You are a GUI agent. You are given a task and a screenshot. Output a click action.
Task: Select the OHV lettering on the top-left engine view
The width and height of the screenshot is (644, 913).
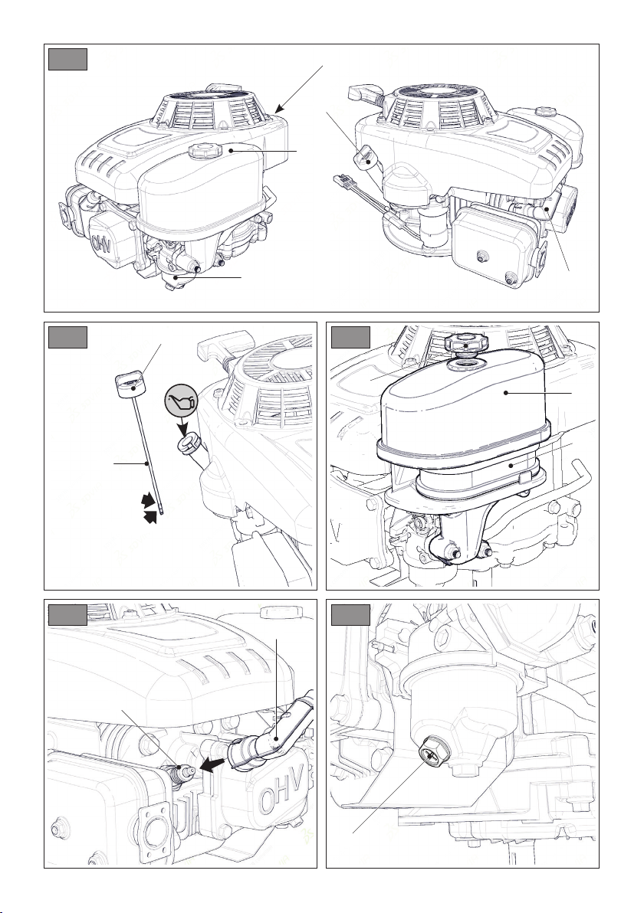click(101, 243)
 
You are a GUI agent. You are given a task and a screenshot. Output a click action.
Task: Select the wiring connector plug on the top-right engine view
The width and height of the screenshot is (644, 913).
click(344, 184)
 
